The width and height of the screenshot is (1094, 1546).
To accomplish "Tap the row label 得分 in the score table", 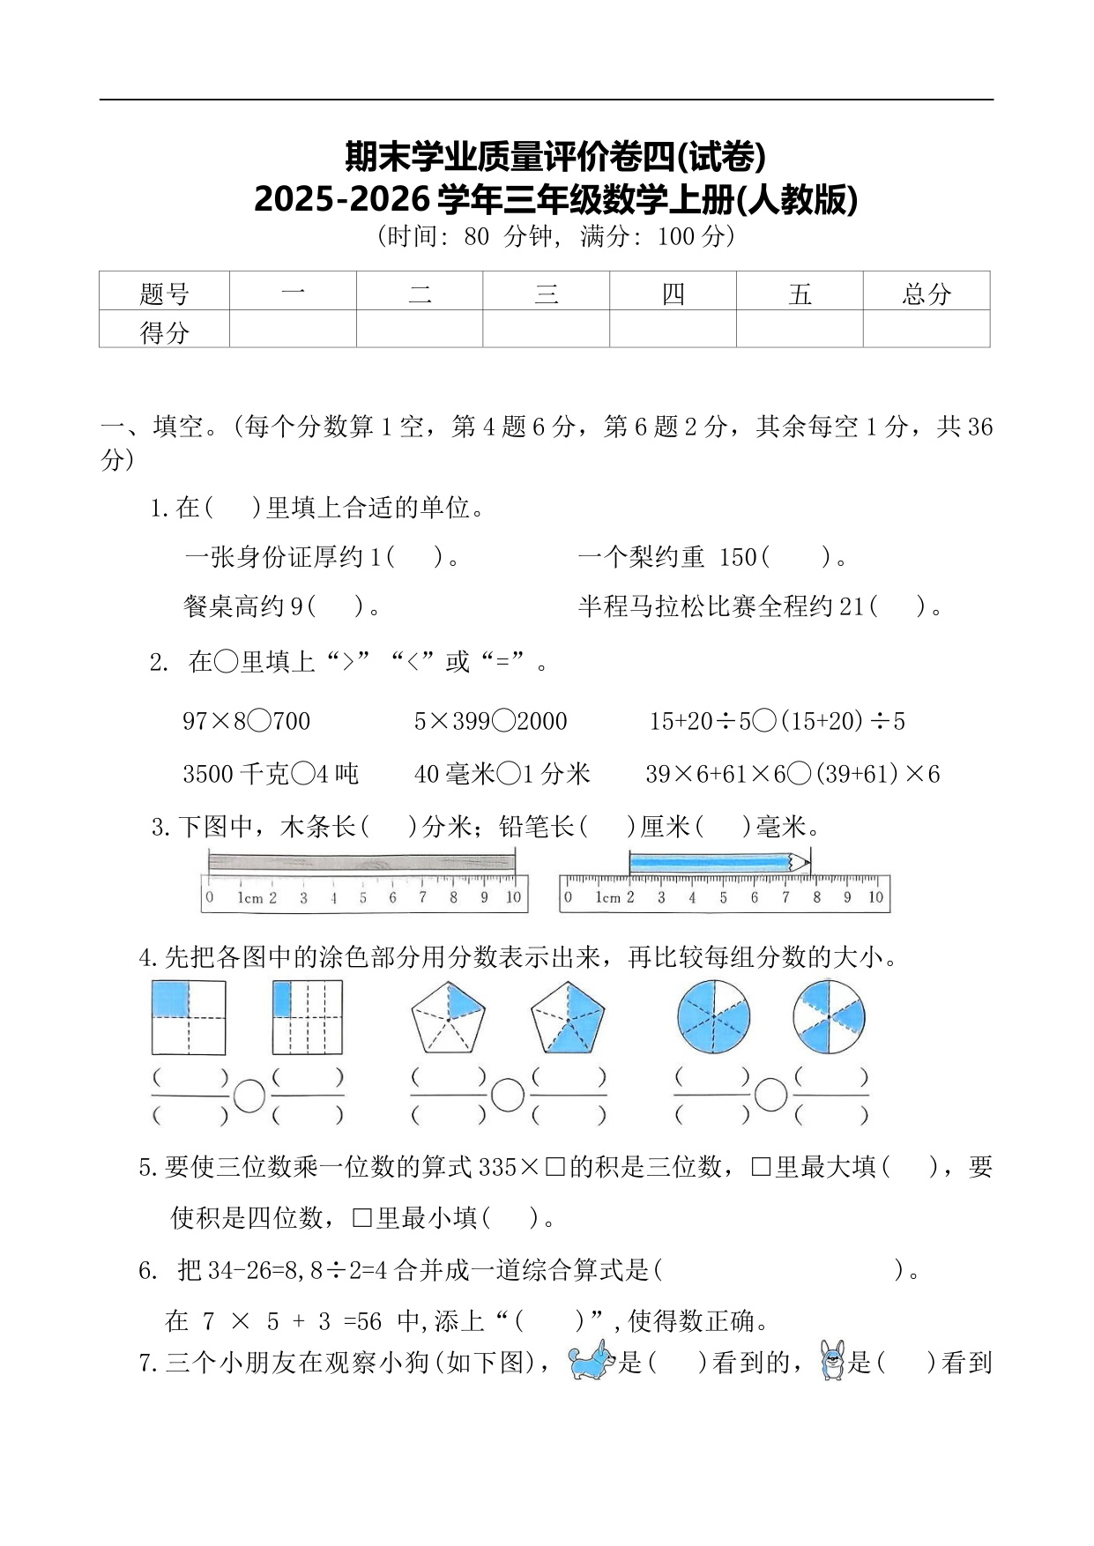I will [164, 331].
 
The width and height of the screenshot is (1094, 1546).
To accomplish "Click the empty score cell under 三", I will [546, 330].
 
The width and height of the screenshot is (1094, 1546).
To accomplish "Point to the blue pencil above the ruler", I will [716, 862].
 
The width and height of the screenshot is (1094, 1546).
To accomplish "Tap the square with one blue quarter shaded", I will [189, 1017].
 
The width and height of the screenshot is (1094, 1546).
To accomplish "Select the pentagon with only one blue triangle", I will [448, 1017].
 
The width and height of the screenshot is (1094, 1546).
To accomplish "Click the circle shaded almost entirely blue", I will [713, 1017].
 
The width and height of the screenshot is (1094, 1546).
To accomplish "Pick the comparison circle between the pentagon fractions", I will [508, 1096].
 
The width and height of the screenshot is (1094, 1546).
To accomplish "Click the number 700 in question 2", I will [291, 722].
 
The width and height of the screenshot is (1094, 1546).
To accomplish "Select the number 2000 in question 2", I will [542, 722].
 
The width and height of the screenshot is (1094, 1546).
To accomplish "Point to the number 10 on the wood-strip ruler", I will [513, 898].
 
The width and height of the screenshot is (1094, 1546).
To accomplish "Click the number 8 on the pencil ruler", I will [816, 898].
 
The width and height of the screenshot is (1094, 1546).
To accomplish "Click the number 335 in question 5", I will [497, 1168].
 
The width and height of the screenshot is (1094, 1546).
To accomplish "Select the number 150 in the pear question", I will [738, 557].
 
